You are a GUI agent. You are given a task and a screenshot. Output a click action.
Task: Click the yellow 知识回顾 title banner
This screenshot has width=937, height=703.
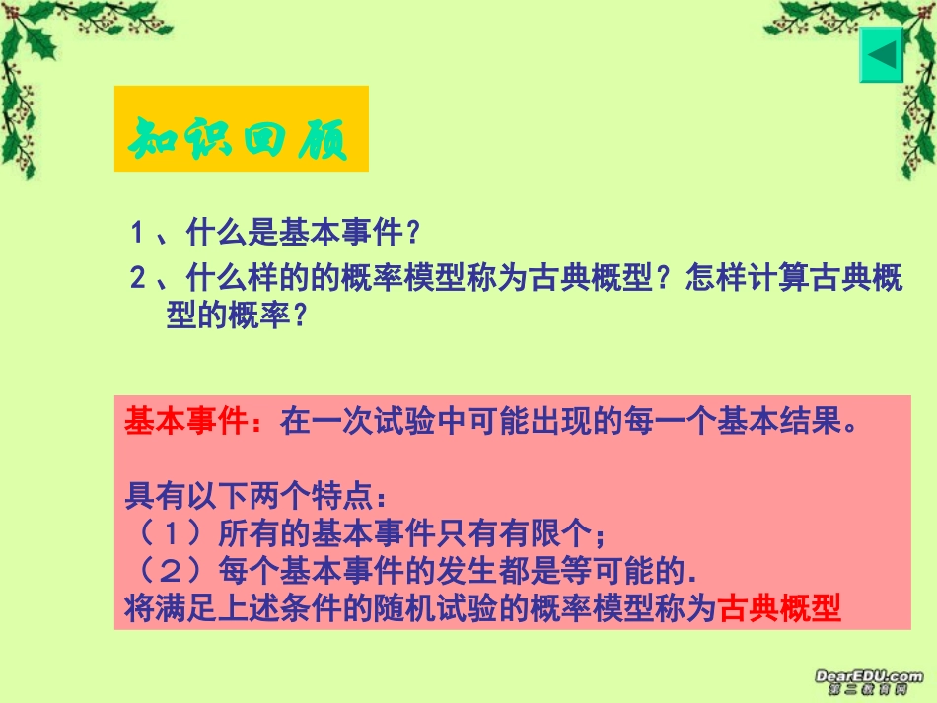tap(241, 128)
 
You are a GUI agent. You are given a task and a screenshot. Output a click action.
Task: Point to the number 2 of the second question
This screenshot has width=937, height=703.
tap(139, 279)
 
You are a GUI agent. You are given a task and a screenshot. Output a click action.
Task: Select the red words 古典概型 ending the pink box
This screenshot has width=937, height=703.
tap(779, 609)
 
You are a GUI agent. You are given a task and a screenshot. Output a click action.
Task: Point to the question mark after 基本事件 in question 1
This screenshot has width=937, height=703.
tap(414, 234)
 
